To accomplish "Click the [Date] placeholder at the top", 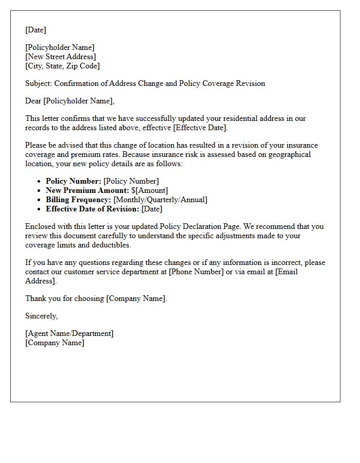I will (x=35, y=30).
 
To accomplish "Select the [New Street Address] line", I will (x=60, y=57).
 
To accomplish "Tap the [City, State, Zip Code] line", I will (x=62, y=66).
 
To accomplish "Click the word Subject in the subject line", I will (x=38, y=83).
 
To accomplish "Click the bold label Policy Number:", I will (x=74, y=181).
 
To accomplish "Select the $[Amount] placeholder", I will (x=150, y=190).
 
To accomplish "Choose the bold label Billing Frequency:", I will (x=78, y=200).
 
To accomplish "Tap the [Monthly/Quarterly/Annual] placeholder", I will (x=160, y=200).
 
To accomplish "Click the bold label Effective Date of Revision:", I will (x=92, y=209).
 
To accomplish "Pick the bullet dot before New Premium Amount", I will (x=39, y=191).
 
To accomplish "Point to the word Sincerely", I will (x=41, y=316).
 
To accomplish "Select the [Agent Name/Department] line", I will (x=69, y=333).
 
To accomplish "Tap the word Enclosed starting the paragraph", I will (x=41, y=226).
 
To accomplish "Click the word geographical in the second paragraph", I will (x=289, y=154).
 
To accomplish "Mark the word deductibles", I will (x=111, y=245).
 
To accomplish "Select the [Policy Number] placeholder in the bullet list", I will (x=131, y=181).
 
